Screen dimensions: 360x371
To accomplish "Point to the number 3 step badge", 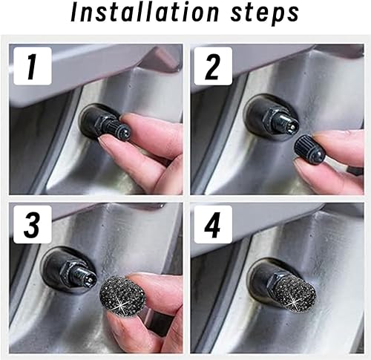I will tap(29, 223).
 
